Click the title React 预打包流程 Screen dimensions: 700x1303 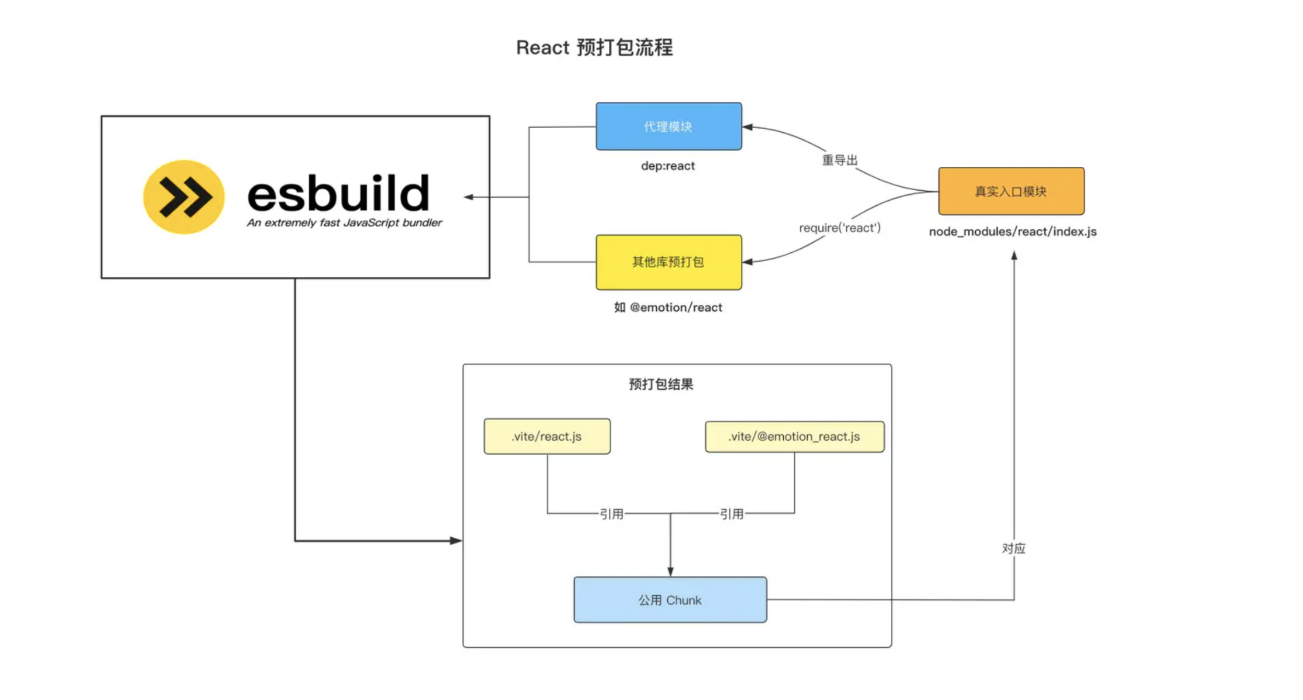click(x=594, y=47)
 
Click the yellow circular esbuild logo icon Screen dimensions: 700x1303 click(x=183, y=197)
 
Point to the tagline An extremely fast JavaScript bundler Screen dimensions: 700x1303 click(x=344, y=222)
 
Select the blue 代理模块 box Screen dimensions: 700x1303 click(x=668, y=126)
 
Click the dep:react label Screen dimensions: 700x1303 click(x=668, y=166)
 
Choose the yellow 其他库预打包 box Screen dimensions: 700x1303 click(x=668, y=262)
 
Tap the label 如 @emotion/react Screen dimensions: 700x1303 click(x=668, y=307)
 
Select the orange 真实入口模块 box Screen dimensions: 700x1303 click(x=1011, y=191)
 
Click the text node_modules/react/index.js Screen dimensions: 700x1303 click(x=1013, y=231)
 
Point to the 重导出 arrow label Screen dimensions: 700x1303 click(x=839, y=160)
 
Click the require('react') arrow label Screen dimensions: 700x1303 click(x=839, y=228)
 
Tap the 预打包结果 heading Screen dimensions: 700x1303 click(x=661, y=384)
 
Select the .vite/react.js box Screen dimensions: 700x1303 click(x=547, y=436)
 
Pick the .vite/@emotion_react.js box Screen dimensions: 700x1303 click(x=794, y=437)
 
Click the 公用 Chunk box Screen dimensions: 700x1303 click(x=670, y=600)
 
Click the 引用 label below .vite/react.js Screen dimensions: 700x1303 click(x=611, y=514)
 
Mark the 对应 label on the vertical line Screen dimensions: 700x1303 click(x=1013, y=548)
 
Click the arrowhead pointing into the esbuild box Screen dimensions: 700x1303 click(x=469, y=197)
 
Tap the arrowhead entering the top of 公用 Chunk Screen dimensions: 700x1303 click(x=670, y=571)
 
